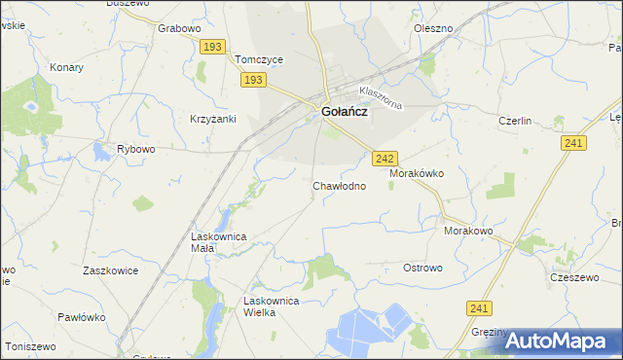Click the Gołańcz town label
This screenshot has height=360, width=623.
pyautogui.click(x=344, y=112)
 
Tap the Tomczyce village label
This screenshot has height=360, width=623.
pyautogui.click(x=259, y=59)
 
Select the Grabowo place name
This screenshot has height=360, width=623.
pyautogui.click(x=178, y=28)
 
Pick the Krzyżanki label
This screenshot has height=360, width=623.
pyautogui.click(x=213, y=118)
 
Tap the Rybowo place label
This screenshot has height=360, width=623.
pyautogui.click(x=136, y=149)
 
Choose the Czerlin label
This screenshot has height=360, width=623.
pyautogui.click(x=514, y=121)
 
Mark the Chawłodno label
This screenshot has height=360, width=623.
pyautogui.click(x=339, y=185)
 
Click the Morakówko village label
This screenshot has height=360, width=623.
pyautogui.click(x=417, y=172)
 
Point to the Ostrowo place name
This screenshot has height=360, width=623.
pyautogui.click(x=422, y=268)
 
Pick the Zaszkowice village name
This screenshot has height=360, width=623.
pyautogui.click(x=110, y=270)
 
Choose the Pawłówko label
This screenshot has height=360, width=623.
pyautogui.click(x=80, y=316)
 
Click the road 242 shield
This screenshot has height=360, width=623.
pyautogui.click(x=385, y=158)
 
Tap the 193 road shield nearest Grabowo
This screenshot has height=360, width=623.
pyautogui.click(x=213, y=47)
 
